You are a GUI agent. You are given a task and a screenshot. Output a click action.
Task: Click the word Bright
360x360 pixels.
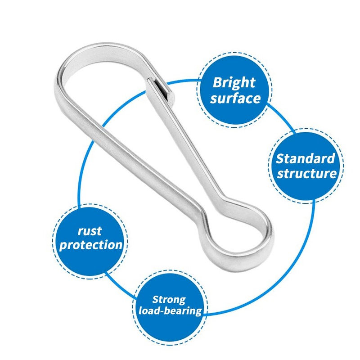234,83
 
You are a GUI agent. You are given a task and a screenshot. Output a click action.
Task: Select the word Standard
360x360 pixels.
306,158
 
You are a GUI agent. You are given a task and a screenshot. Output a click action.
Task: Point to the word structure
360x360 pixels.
306,173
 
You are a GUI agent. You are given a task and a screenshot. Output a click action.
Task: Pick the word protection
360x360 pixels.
91,245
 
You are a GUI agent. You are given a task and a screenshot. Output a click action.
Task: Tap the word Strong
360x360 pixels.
169,299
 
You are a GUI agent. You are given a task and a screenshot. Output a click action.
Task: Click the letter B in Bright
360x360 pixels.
217,83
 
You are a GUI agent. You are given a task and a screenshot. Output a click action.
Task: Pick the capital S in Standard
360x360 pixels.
280,159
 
